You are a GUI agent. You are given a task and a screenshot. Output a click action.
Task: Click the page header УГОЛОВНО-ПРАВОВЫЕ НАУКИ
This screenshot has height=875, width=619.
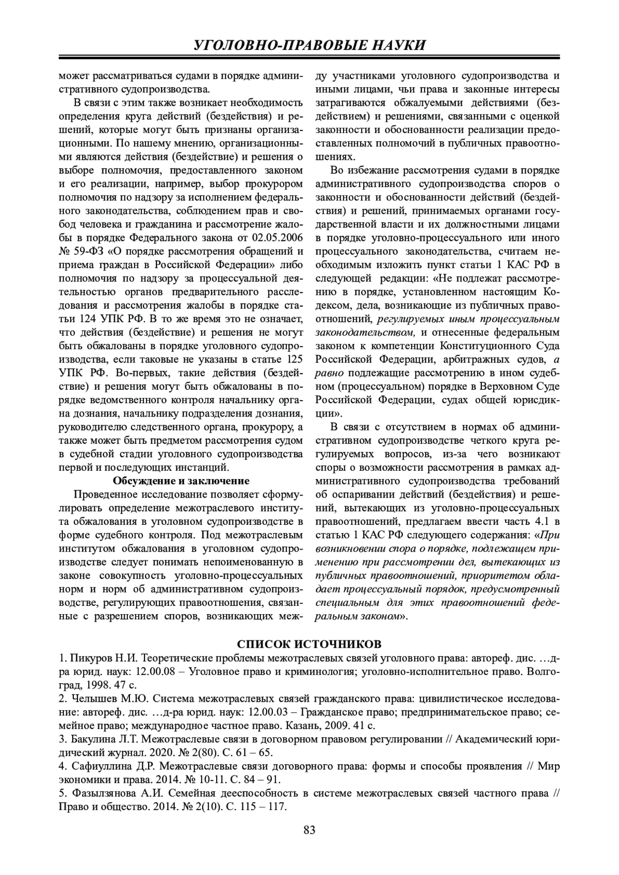[x=309, y=45]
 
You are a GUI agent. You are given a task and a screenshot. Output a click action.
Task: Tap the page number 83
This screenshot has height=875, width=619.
[x=309, y=830]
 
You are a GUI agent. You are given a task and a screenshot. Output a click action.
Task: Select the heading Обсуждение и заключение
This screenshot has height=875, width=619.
[x=181, y=481]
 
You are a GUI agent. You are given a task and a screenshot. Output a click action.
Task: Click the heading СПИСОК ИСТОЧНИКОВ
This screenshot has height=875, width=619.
[x=309, y=645]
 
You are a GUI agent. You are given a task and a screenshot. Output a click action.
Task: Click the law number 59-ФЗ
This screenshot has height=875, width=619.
[x=88, y=251]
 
